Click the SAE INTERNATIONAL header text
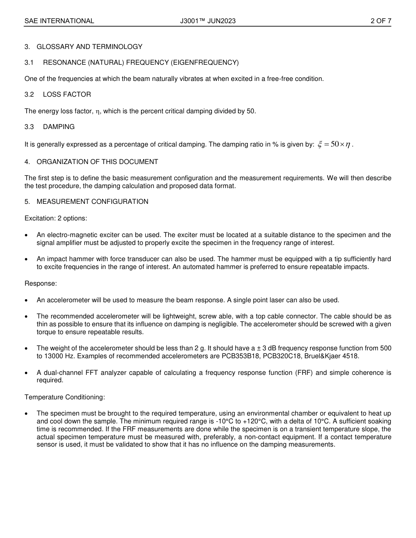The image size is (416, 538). pos(59,21)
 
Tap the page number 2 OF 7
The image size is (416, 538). pos(381,21)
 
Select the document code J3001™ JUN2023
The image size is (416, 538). pos(208,21)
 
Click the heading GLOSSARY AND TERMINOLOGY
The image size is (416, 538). pos(89,47)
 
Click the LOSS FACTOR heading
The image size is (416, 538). pos(67,94)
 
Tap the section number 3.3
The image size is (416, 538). pos(29,127)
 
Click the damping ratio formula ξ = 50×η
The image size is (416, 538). pos(334,145)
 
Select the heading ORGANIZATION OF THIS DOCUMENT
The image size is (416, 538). pos(97,162)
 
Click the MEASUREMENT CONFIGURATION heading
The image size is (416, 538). pos(92,202)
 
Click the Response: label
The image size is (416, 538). pos(41,283)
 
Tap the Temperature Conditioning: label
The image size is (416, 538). pos(65,397)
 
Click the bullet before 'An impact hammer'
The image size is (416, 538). pos(27,259)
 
